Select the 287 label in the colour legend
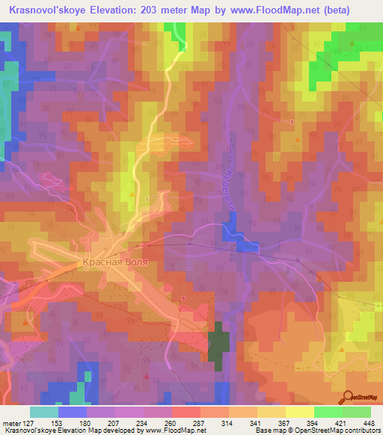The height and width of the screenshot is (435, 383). pos(199,422)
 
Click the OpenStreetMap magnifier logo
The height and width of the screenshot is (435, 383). pos(349,397)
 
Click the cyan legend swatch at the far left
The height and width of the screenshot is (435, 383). pos(43,412)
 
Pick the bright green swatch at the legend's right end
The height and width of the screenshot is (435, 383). pos(356,412)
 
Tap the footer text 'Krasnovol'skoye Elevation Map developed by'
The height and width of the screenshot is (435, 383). pos(73,431)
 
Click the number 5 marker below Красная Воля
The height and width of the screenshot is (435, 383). pos(183,297)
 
